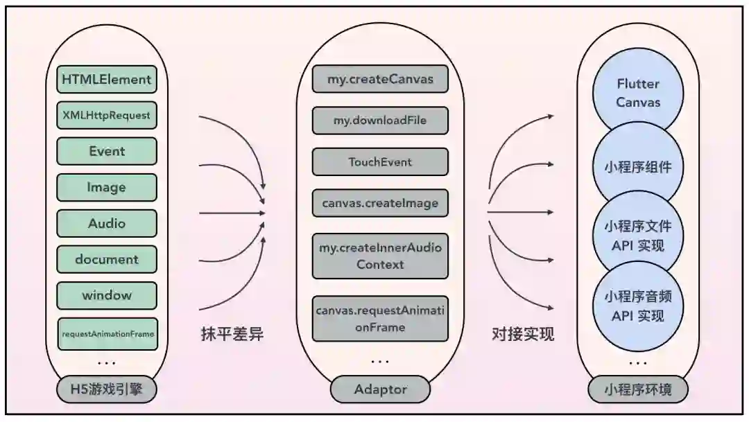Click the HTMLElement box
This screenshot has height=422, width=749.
click(x=107, y=80)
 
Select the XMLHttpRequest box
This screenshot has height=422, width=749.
click(x=107, y=115)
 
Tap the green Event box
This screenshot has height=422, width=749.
click(x=107, y=151)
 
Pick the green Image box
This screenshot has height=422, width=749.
click(x=107, y=187)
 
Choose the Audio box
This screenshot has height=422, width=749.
click(x=107, y=223)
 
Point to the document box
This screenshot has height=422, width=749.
click(x=107, y=259)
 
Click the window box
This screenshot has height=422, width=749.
click(x=107, y=295)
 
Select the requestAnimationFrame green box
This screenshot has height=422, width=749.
click(x=107, y=333)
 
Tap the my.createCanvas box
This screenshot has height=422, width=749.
click(x=380, y=79)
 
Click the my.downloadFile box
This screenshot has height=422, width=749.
click(x=380, y=121)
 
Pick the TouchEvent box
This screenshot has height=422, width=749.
click(x=380, y=162)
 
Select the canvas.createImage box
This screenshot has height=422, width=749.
click(x=380, y=203)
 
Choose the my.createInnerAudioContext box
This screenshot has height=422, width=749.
click(x=380, y=255)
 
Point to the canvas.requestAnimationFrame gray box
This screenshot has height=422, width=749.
click(x=380, y=319)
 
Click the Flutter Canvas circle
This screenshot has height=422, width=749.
click(x=638, y=93)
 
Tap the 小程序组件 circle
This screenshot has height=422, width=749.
click(x=638, y=166)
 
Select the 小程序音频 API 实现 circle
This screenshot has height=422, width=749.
click(x=638, y=306)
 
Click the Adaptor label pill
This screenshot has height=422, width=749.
click(x=380, y=389)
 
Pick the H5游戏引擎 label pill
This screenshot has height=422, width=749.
click(x=107, y=389)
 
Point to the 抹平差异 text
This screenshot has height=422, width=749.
click(x=232, y=335)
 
